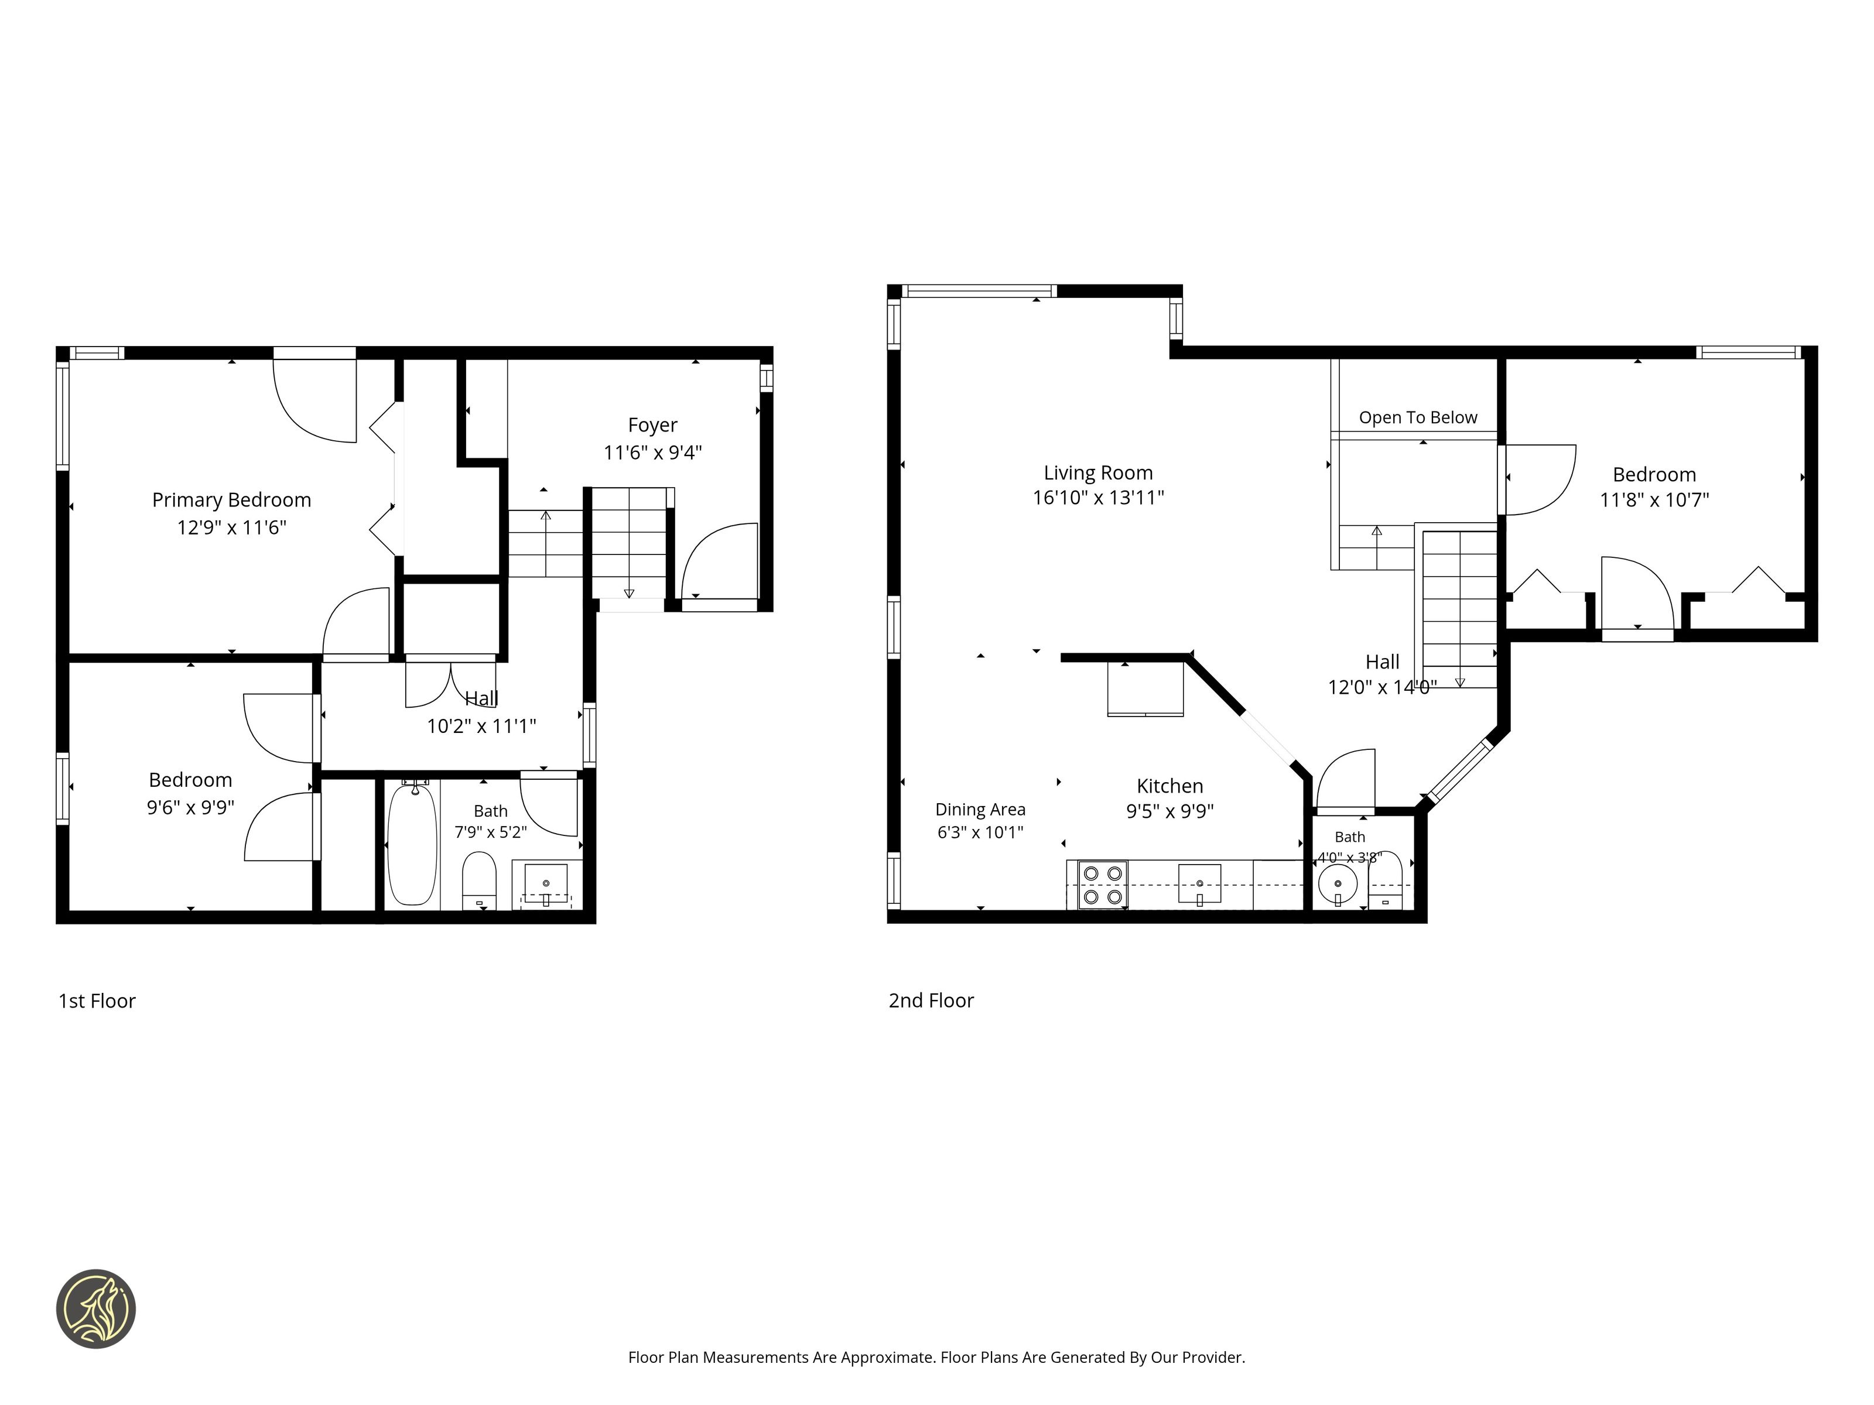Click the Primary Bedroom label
click(231, 501)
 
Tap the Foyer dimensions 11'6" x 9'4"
click(652, 453)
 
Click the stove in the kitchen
click(1102, 885)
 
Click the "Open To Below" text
click(1418, 417)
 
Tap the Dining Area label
click(980, 810)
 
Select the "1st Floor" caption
click(97, 1001)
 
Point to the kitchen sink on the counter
click(1199, 884)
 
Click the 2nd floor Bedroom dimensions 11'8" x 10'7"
click(1654, 500)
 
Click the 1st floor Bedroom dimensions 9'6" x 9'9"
click(190, 808)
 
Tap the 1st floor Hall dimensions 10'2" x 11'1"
click(481, 726)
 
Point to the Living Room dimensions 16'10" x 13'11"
click(1098, 498)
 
